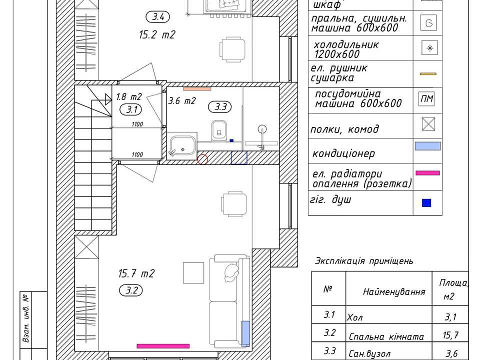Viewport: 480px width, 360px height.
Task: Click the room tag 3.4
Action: coord(158,17)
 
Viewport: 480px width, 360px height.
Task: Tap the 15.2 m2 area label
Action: coord(157,34)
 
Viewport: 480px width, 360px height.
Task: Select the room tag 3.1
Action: coord(132,109)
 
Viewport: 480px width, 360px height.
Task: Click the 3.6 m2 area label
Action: coord(182,100)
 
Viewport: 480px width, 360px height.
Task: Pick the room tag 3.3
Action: coord(220,107)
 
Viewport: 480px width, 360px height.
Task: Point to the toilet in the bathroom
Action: coord(219,130)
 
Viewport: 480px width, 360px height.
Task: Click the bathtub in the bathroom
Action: coord(183,145)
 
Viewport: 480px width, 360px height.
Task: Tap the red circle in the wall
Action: coord(202,159)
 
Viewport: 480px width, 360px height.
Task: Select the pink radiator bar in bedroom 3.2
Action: coord(163,346)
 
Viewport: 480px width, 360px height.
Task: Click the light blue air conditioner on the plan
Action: coord(246,333)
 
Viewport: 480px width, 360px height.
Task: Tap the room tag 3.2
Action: coord(131,290)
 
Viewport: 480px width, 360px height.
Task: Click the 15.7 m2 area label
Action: coord(136,273)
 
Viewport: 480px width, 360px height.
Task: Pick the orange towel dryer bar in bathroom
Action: coord(197,89)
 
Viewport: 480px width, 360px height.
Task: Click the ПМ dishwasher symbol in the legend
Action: coord(426,99)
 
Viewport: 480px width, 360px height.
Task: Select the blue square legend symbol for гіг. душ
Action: coord(426,203)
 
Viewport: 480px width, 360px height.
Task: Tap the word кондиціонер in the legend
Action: coord(343,153)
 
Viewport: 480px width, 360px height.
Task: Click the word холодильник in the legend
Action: coord(346,44)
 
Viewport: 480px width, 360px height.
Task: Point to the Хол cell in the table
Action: coord(354,317)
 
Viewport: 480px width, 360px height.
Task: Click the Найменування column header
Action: coord(394,291)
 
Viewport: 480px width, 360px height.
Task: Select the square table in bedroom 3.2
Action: coord(193,273)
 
